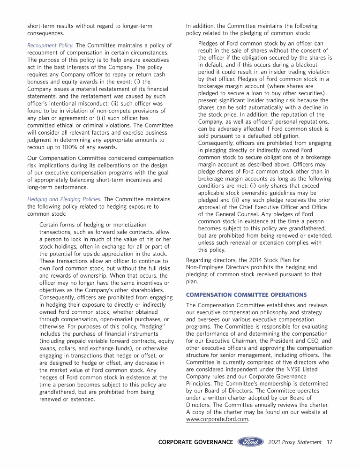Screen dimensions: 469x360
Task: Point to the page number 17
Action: [x=330, y=442]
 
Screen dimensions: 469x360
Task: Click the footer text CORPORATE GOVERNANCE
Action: [x=195, y=442]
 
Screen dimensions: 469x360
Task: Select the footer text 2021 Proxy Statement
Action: [x=295, y=442]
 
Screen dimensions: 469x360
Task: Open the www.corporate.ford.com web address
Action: [x=217, y=419]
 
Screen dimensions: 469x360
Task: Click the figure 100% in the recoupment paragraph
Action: [x=71, y=147]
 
